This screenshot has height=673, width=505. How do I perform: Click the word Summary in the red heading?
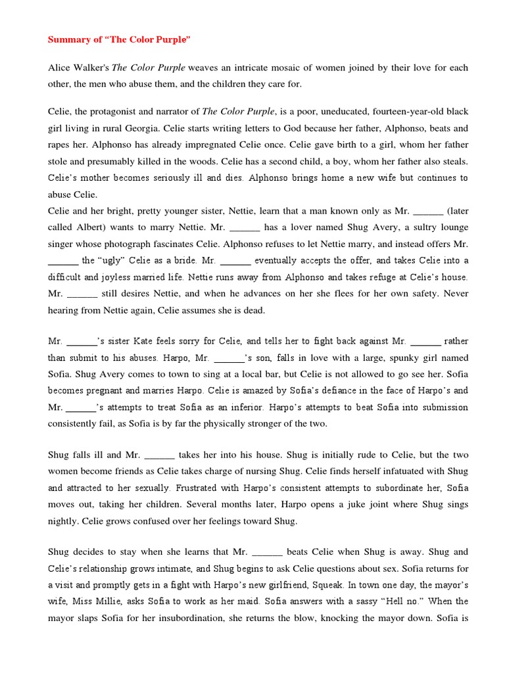pos(68,40)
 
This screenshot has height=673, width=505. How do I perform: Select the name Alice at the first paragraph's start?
pos(59,68)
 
